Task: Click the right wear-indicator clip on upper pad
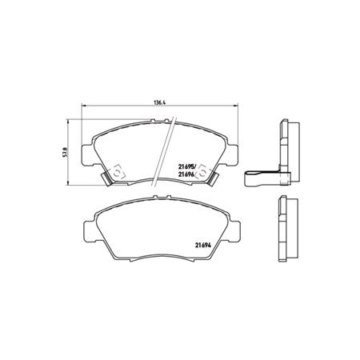click(x=208, y=171)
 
